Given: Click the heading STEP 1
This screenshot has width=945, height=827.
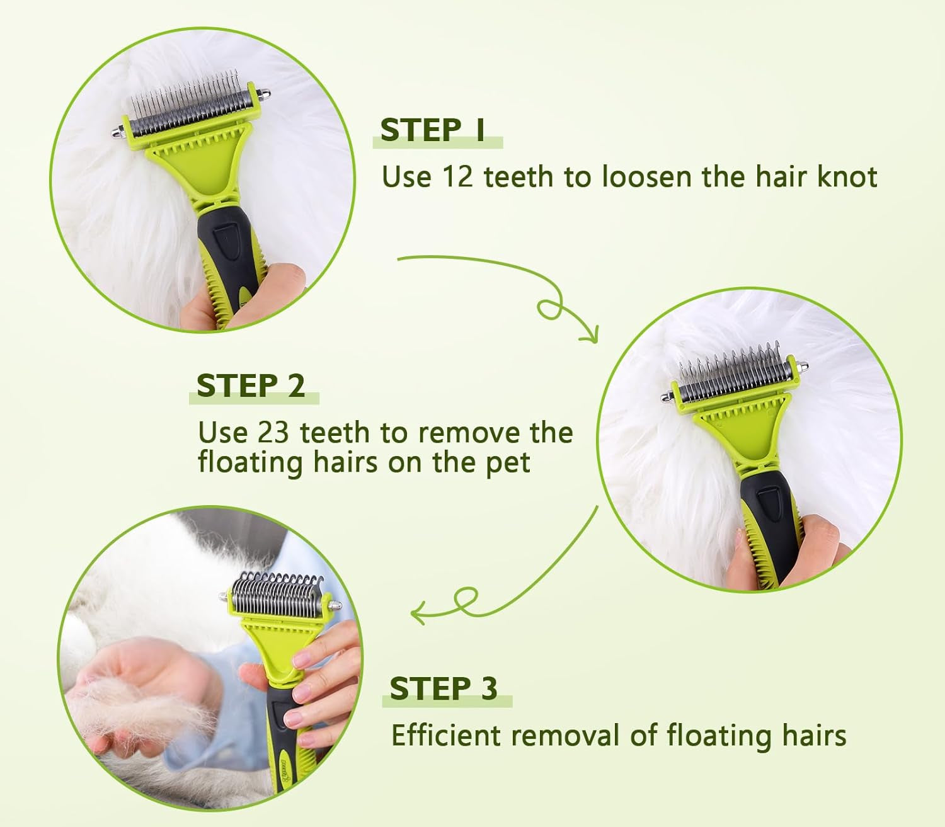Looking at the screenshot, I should (433, 130).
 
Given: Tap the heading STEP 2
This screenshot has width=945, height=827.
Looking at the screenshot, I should (251, 385).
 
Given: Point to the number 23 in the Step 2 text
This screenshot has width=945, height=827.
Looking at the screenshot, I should (274, 433).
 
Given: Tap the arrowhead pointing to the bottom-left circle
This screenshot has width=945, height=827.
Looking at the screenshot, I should (417, 613).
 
